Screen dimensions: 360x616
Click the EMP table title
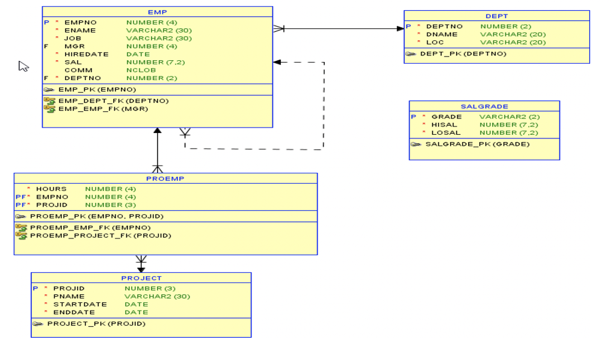[x=157, y=12]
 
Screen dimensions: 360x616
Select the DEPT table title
[x=496, y=16]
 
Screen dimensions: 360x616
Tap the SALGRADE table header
[x=484, y=107]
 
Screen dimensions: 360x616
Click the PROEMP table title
[x=165, y=179]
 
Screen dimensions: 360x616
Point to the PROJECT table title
[x=141, y=278]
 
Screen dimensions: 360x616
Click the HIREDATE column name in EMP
[x=87, y=54]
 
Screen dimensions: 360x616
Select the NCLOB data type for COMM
[x=141, y=70]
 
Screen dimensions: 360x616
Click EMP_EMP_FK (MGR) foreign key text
[x=103, y=109]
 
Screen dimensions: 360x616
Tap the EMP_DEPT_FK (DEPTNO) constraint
[x=113, y=101]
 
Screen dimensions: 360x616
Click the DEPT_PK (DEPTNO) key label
[x=463, y=54]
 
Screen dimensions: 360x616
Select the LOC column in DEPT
[x=435, y=42]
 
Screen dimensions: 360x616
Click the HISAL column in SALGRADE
[x=444, y=125]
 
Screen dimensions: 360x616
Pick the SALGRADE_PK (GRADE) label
[x=477, y=144]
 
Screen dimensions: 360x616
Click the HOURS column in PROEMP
[x=51, y=189]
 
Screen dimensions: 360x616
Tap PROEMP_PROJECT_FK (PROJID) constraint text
[x=100, y=235]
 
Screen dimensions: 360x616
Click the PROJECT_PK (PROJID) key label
[x=96, y=324]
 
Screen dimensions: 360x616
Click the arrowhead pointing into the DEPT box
[x=400, y=28]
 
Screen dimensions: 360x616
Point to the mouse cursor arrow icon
[x=23, y=66]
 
